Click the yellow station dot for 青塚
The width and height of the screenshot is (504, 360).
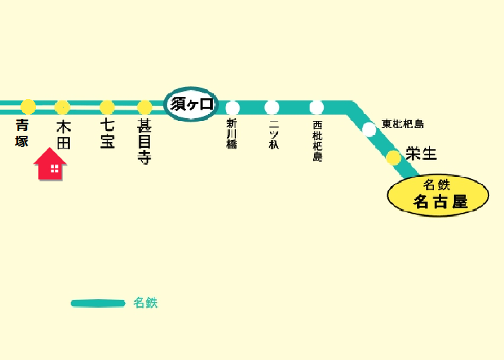[28, 107]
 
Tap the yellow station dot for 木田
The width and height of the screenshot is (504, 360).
[62, 107]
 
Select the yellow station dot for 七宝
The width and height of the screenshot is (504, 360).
[107, 108]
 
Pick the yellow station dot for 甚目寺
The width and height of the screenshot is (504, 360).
[144, 108]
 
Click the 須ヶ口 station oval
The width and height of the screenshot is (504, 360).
[192, 105]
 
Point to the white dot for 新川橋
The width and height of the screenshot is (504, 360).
[233, 108]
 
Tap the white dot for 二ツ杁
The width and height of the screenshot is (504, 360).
[272, 108]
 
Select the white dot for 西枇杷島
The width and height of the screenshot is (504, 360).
[317, 108]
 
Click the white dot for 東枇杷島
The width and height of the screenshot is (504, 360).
[369, 129]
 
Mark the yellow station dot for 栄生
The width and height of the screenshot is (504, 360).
[393, 158]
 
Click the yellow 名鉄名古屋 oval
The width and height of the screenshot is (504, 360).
[438, 195]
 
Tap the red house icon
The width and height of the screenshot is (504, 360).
[50, 164]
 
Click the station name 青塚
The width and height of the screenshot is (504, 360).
[23, 134]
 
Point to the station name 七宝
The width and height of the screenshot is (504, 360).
[107, 134]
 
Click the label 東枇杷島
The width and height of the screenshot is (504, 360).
[403, 124]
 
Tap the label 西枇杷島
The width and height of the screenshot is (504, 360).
[317, 141]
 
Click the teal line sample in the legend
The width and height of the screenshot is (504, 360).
[98, 303]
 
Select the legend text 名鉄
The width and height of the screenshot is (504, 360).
[146, 303]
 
